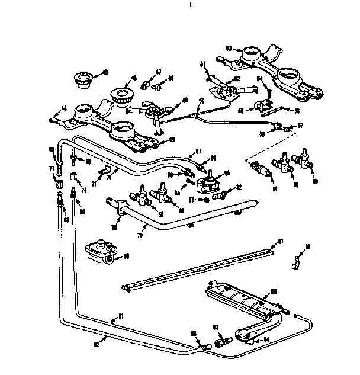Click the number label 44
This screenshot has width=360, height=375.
56,108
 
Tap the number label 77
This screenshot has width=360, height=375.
51,169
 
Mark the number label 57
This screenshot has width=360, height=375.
300,126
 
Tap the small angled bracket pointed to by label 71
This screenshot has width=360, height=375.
105,174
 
